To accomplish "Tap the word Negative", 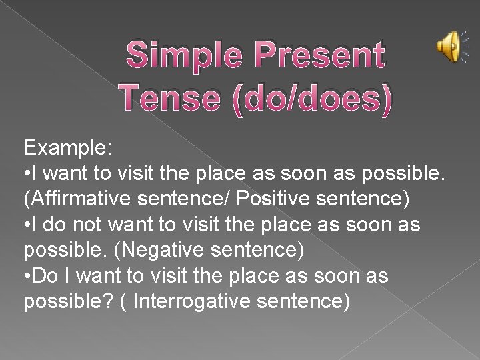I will (x=177, y=251).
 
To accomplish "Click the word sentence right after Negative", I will (x=261, y=251).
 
